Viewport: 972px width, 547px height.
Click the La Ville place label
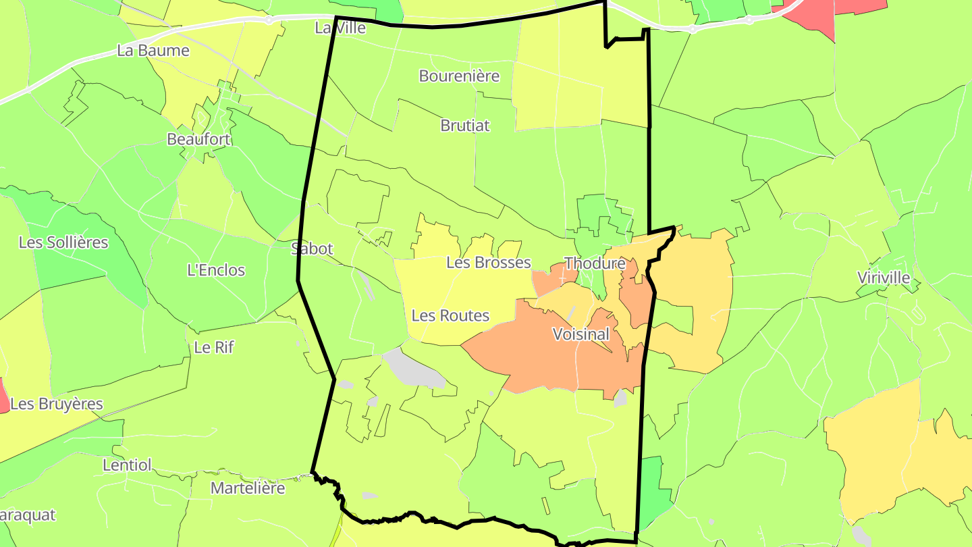point(340,28)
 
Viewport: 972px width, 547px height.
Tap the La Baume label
point(153,50)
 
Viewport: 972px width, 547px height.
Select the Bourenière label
point(459,76)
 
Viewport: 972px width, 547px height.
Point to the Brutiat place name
point(465,125)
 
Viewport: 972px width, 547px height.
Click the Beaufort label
point(198,139)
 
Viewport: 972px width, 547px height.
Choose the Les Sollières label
point(63,242)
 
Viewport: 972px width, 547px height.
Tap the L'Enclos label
point(216,270)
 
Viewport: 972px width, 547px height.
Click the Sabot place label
point(312,249)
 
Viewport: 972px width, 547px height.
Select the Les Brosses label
point(489,262)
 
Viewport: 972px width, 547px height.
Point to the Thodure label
point(595,263)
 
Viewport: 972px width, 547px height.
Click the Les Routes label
point(450,315)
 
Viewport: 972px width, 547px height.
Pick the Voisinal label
point(580,334)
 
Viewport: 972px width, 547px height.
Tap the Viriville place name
point(884,278)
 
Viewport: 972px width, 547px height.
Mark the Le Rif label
point(213,347)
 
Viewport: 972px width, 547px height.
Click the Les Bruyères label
point(57,404)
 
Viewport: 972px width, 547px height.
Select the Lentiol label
point(128,465)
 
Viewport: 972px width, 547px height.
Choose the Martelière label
point(248,488)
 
